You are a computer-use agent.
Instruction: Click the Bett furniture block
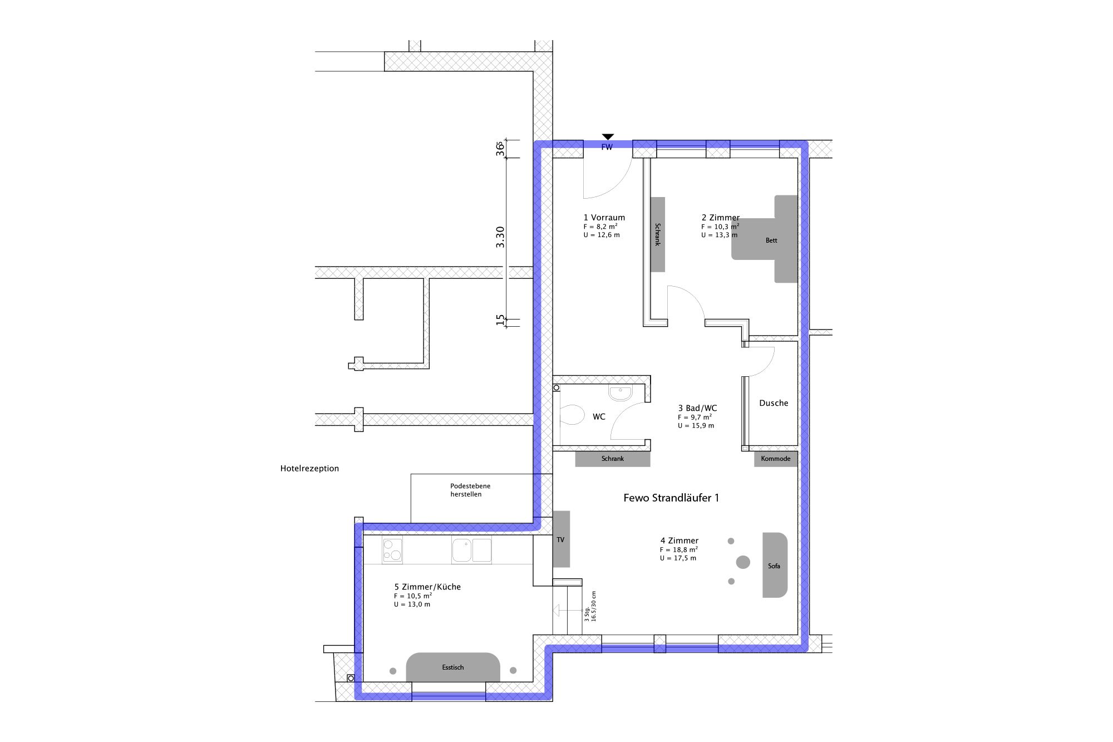click(771, 239)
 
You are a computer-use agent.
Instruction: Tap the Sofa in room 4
click(775, 565)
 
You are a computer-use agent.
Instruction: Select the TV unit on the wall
click(561, 539)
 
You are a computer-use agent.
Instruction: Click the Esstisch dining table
click(453, 667)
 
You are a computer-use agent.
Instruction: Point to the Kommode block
click(776, 459)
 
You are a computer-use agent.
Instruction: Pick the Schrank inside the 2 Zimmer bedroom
click(658, 234)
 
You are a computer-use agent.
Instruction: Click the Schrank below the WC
click(613, 459)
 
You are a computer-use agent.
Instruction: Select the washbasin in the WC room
click(620, 394)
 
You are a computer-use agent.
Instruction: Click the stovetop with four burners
click(392, 549)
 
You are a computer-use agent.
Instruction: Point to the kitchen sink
click(472, 550)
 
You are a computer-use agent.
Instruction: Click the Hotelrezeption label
click(309, 469)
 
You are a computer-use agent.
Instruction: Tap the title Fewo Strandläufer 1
click(671, 498)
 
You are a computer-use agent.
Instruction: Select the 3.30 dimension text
click(500, 237)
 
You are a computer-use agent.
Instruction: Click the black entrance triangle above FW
click(608, 136)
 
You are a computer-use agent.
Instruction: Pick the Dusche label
click(774, 403)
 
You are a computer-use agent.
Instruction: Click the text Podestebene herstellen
click(470, 490)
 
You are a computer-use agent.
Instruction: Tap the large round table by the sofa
click(743, 562)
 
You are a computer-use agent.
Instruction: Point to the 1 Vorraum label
click(604, 218)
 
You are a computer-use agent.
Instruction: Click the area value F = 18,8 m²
click(679, 549)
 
